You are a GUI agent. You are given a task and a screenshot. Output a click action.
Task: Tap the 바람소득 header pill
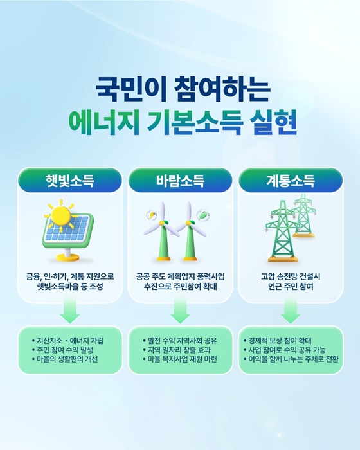click(x=180, y=180)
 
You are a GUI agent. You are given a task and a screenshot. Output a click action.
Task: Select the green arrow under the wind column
click(x=180, y=312)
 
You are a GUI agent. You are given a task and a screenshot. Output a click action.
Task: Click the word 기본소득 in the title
click(x=195, y=122)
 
